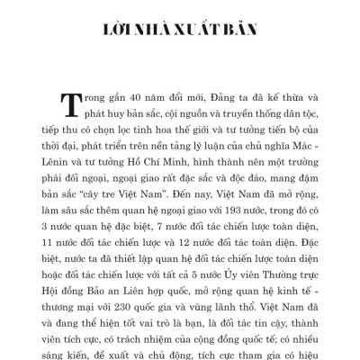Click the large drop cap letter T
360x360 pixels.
[69, 104]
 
